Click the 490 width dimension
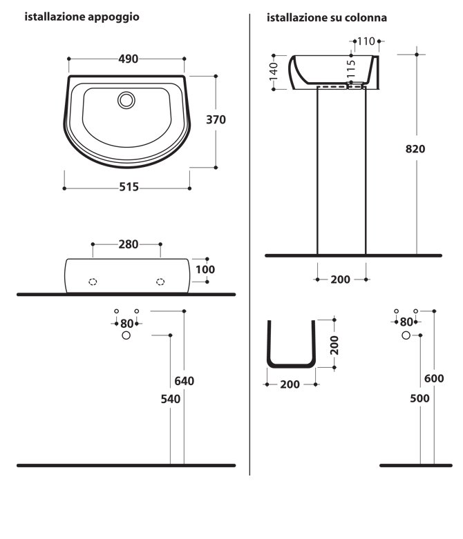pyautogui.click(x=128, y=59)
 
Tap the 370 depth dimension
pyautogui.click(x=216, y=119)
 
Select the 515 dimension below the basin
pyautogui.click(x=129, y=187)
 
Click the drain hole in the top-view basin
pyautogui.click(x=126, y=100)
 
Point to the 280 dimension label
pyautogui.click(x=129, y=244)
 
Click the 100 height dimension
pyautogui.click(x=205, y=269)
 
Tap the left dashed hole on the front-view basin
pyautogui.click(x=93, y=282)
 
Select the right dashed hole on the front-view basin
pyautogui.click(x=160, y=282)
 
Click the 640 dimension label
pyautogui.click(x=185, y=381)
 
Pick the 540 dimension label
pyautogui.click(x=171, y=399)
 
